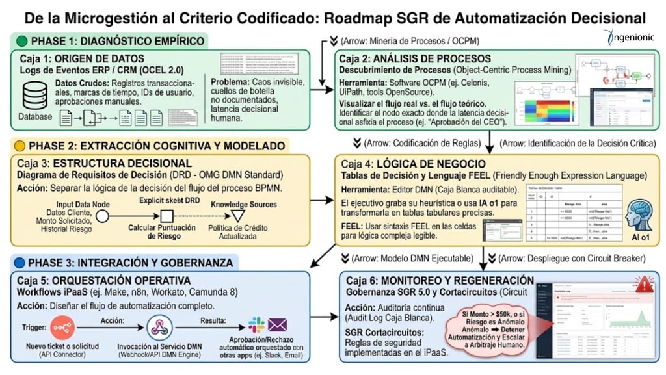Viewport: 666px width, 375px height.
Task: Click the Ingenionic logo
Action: (x=625, y=38)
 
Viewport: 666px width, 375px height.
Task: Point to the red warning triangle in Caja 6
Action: (x=643, y=285)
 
